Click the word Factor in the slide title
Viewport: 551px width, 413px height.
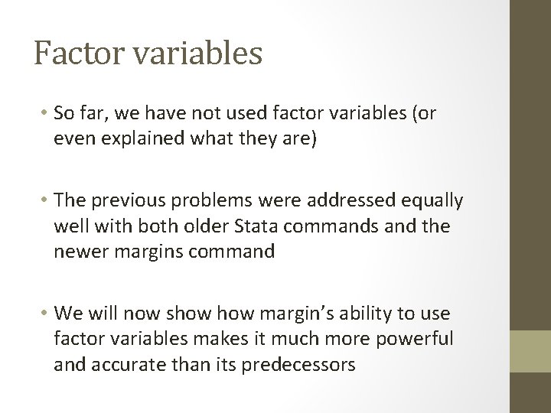click(72, 54)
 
